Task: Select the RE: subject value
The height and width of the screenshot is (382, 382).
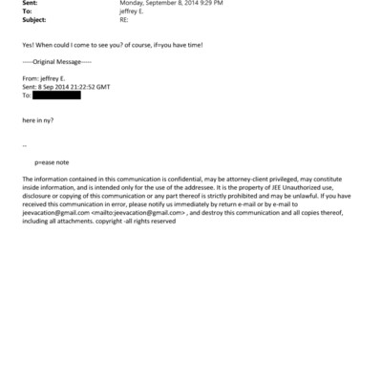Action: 122,20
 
